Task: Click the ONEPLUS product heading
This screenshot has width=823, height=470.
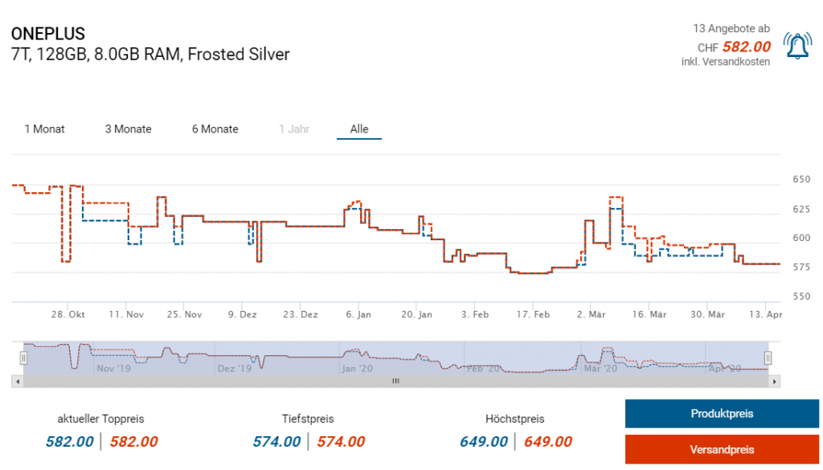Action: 48,34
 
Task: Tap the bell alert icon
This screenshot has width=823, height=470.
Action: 797,47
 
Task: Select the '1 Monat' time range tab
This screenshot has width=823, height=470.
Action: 45,129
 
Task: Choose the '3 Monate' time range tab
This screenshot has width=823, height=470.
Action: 129,129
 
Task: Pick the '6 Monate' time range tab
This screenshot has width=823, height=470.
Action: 215,129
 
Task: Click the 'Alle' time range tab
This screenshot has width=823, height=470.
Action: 359,129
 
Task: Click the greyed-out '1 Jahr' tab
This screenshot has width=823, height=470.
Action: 294,129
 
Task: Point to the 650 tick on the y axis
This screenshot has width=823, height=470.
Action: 801,179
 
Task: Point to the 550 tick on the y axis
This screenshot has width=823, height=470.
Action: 801,296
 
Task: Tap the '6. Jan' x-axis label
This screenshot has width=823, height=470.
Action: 358,314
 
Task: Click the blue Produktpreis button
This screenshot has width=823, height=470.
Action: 722,415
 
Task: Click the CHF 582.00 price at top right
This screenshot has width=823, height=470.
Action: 747,47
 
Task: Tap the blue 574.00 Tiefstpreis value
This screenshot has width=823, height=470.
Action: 276,442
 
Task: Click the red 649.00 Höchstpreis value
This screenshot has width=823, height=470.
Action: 548,442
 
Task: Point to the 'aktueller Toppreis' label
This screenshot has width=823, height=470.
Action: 101,419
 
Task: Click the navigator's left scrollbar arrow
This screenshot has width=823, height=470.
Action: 18,382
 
